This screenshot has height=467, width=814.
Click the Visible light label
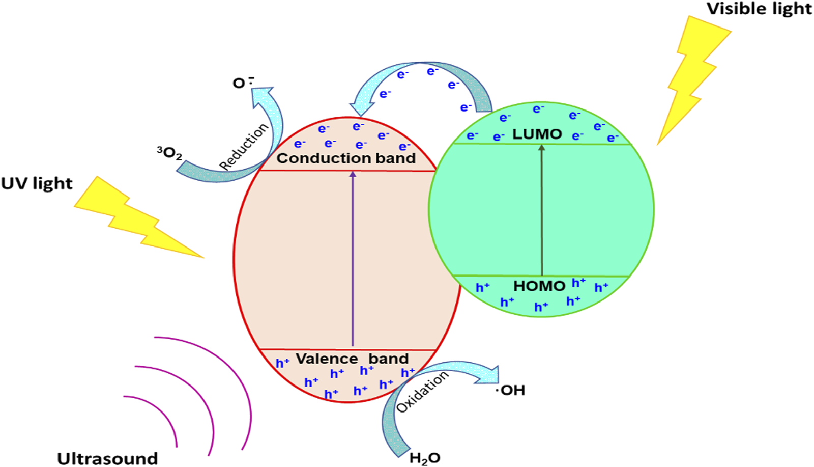tap(759, 9)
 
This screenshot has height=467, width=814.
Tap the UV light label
tap(37, 183)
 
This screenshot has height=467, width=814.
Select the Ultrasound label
tap(107, 458)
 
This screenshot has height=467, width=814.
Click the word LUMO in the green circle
tap(537, 134)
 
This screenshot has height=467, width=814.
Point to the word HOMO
tap(539, 286)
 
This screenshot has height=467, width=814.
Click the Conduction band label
tap(346, 158)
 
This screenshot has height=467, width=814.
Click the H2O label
tap(425, 458)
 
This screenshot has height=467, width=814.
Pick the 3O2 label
tap(169, 153)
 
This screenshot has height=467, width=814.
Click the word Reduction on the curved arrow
tap(244, 146)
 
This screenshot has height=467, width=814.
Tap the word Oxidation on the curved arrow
tap(422, 391)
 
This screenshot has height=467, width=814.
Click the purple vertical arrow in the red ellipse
tap(353, 260)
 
